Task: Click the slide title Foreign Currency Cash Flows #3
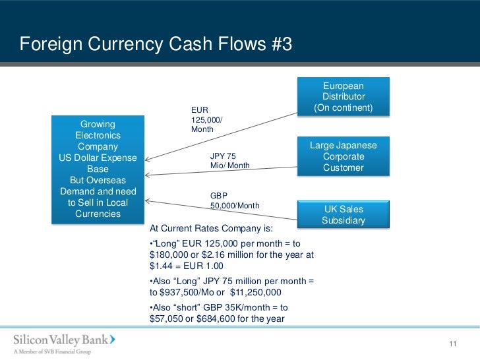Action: click(156, 45)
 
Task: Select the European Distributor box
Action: click(343, 97)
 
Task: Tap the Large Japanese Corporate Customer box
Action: click(343, 156)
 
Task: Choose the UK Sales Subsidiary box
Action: click(343, 214)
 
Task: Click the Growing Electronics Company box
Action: click(98, 169)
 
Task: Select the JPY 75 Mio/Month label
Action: click(229, 161)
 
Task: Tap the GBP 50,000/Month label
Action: click(234, 201)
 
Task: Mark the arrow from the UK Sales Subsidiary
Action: click(218, 210)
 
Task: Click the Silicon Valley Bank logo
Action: click(65, 340)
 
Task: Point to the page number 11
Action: click(452, 344)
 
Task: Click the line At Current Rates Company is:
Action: click(211, 229)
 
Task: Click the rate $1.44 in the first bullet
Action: click(161, 266)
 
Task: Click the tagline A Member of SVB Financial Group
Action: click(53, 351)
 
